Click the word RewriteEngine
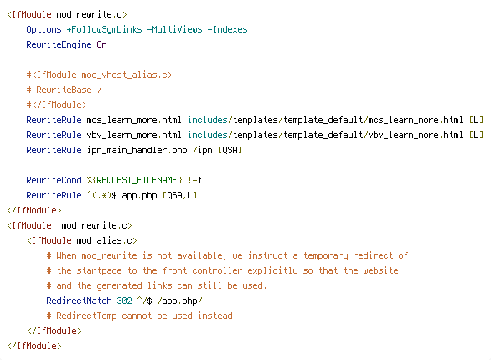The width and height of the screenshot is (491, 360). pos(59,44)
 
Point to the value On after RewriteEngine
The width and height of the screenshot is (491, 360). pos(101,44)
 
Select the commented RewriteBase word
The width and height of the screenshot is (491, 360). pos(64,90)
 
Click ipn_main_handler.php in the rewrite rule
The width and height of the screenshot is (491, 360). pos(137,150)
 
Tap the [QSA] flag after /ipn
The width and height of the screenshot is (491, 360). pos(230,150)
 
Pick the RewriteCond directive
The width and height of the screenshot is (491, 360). pos(54,180)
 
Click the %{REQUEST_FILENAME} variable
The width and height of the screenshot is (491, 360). pos(134,180)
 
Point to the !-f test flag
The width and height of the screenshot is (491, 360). pos(194,180)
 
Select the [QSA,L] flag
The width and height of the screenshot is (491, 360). pos(180,195)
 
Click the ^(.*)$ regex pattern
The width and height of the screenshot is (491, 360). pos(101,195)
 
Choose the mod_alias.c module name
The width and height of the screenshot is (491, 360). pos(104,240)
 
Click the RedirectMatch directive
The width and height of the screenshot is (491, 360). pos(79,301)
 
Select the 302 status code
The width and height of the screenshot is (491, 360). pos(124,301)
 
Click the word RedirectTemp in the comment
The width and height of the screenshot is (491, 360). pos(86,316)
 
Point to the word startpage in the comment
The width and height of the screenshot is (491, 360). pos(99,270)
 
